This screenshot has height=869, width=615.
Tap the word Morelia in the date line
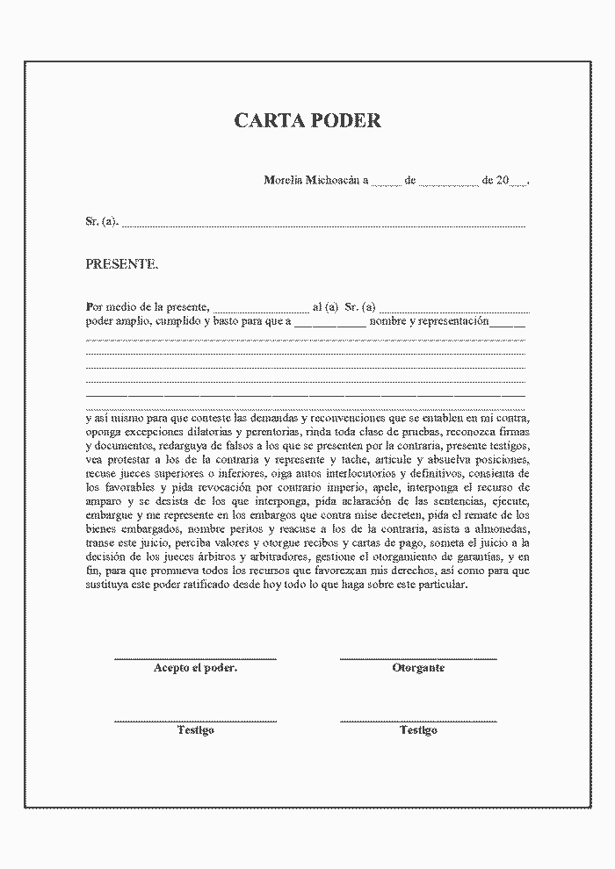tap(283, 180)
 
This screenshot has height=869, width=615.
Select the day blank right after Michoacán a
tap(386, 183)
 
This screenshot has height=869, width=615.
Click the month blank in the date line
tap(448, 183)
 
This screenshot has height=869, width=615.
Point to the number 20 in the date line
tap(503, 180)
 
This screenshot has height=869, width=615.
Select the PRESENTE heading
tap(122, 263)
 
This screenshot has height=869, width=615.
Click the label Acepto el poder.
tap(195, 668)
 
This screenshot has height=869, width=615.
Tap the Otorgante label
tap(418, 668)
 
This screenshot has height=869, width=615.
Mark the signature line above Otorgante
tap(418, 657)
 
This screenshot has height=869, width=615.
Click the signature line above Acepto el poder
tap(195, 657)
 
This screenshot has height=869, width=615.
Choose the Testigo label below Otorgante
tap(418, 730)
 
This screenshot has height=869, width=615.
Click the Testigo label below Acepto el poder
tap(195, 730)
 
